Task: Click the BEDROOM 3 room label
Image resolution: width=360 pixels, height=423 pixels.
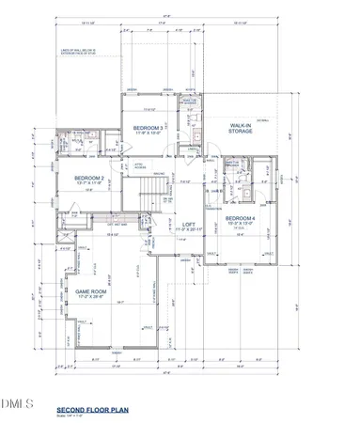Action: coord(149,127)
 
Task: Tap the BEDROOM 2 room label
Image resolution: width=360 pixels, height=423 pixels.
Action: coord(89,177)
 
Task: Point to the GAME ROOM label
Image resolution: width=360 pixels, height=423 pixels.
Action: coord(92,291)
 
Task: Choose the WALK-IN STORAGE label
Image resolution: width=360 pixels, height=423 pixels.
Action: coord(246,129)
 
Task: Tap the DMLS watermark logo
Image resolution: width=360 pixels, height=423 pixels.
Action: coord(17,377)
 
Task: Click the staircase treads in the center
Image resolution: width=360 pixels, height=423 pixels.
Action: coord(151,200)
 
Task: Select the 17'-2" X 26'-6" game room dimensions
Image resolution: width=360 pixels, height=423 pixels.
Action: coord(92,298)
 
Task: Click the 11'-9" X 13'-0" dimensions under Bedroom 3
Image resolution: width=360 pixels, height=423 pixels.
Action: coord(149,133)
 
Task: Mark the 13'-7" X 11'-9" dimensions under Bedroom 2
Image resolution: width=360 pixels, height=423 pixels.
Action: coord(89,183)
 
